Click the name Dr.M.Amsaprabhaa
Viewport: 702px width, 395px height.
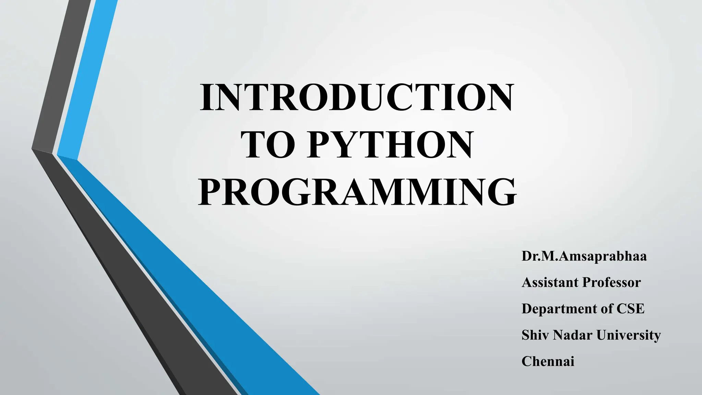[584, 256]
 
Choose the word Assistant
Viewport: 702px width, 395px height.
[550, 283]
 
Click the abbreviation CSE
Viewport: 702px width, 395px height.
[630, 309]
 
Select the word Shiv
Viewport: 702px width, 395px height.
[535, 335]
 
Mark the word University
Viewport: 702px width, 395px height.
[628, 335]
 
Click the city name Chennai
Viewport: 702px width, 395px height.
[548, 361]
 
